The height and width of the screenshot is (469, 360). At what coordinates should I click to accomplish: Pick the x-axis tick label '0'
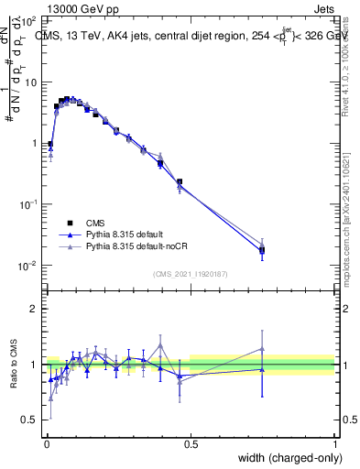46,444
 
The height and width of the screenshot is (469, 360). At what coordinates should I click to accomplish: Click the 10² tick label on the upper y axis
27,20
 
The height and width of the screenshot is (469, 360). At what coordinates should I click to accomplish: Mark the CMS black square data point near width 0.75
262,249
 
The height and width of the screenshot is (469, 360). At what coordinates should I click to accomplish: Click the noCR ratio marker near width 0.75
262,349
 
